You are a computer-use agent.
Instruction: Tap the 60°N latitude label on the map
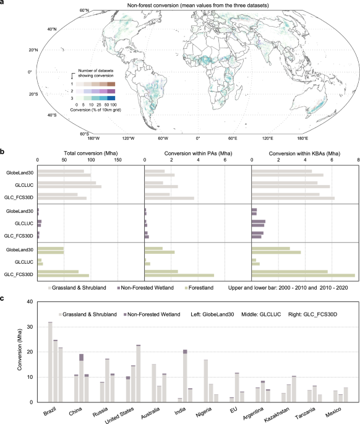pos(85,11)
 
